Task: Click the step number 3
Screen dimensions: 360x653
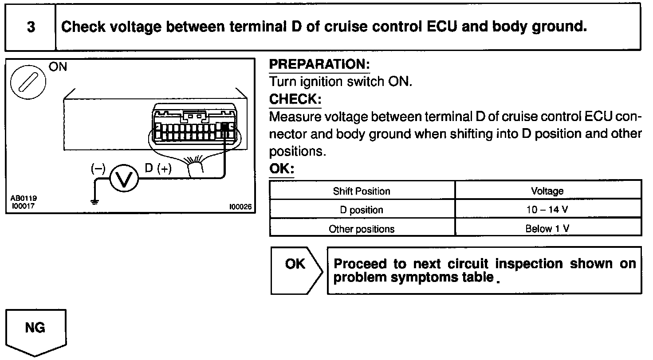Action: point(31,27)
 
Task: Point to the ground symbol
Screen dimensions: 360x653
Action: point(94,202)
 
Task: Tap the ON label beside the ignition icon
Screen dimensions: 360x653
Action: point(58,67)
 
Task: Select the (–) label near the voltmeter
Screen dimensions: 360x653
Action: point(98,168)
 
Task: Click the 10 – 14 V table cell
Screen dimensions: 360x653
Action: point(547,210)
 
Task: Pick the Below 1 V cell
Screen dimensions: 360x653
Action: point(547,229)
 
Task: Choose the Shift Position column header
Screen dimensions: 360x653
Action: point(362,191)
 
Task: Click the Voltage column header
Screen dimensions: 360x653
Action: point(547,191)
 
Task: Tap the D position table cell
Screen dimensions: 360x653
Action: point(362,210)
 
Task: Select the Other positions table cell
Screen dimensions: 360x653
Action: point(362,229)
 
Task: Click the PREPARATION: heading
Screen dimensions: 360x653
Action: point(319,65)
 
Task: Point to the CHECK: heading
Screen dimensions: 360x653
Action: point(295,99)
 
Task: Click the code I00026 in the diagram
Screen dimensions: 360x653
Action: point(240,207)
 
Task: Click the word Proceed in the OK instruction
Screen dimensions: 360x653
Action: point(360,264)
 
